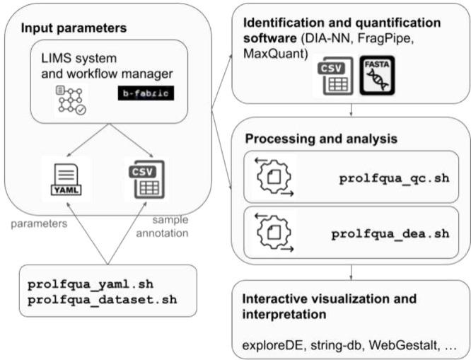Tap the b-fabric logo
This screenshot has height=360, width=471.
pos(146,93)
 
